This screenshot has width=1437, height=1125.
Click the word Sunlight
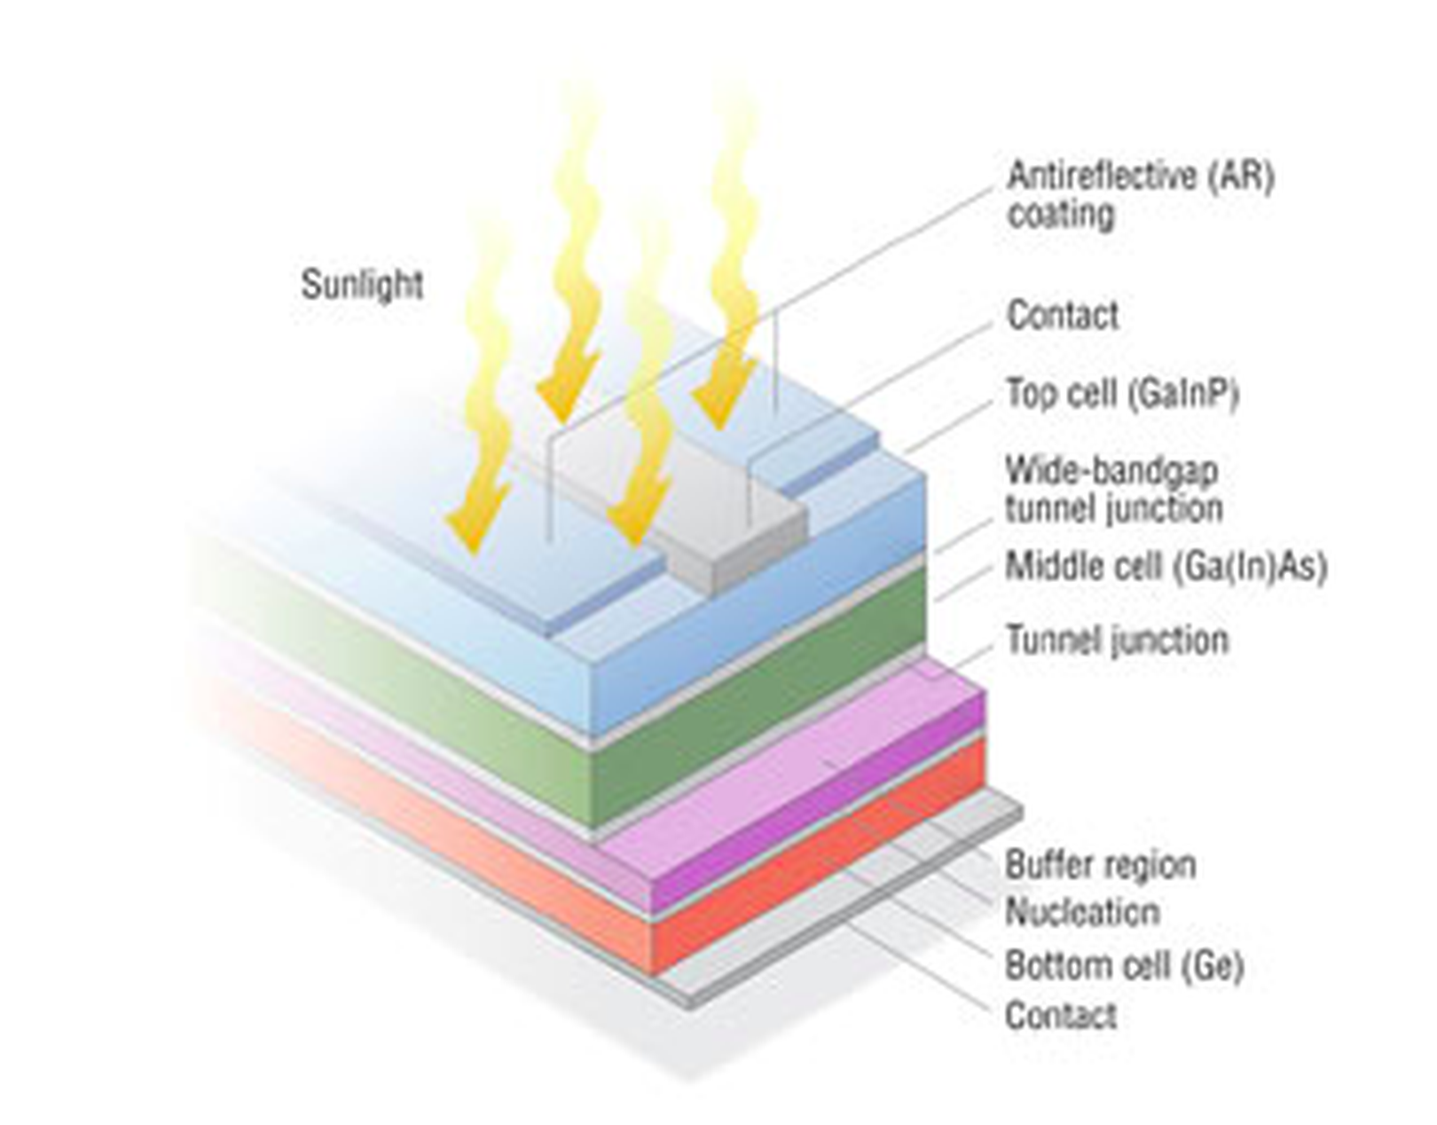362,285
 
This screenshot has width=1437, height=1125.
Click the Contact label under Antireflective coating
1063,315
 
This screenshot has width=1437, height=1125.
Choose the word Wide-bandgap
1111,470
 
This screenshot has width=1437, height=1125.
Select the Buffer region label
1100,864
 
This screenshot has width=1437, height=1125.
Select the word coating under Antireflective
1060,215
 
